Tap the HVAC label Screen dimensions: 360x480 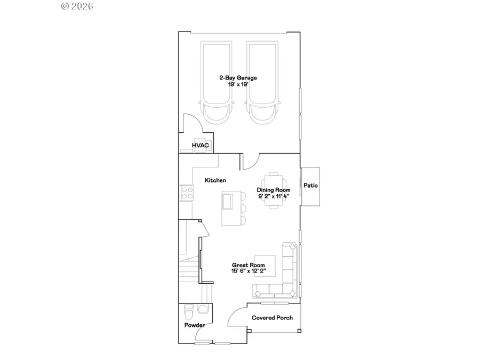pyautogui.click(x=201, y=145)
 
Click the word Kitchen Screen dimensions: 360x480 pyautogui.click(x=215, y=181)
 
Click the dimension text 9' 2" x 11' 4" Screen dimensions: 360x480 pyautogui.click(x=274, y=196)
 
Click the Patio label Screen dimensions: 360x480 pyautogui.click(x=310, y=186)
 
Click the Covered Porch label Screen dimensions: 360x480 pyautogui.click(x=272, y=318)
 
